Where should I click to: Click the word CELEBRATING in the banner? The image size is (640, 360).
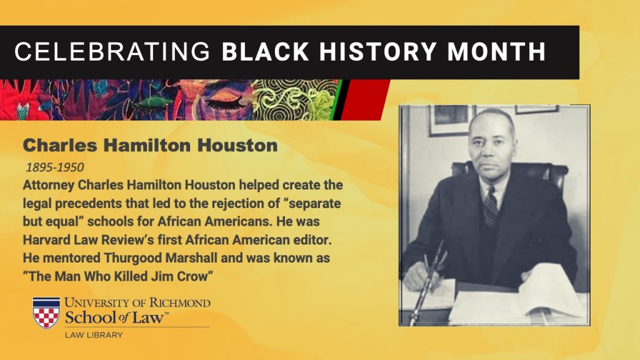point(112,51)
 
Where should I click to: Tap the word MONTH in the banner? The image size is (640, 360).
point(496,51)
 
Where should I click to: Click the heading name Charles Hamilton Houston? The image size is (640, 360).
point(150,145)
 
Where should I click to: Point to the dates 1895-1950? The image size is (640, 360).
point(55,167)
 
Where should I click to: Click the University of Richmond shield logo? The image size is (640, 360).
point(46,313)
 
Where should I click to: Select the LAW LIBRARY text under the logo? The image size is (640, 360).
point(94,335)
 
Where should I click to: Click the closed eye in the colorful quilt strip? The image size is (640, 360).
point(226,101)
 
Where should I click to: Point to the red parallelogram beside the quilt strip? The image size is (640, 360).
point(364,99)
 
